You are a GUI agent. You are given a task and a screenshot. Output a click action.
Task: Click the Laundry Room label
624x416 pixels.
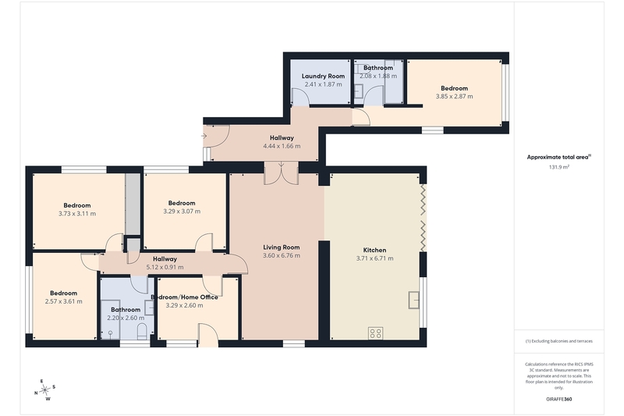(x=323, y=76)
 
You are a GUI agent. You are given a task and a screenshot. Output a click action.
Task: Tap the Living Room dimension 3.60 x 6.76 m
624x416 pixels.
(x=282, y=255)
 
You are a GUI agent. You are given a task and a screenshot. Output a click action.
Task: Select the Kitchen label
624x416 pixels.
(x=374, y=250)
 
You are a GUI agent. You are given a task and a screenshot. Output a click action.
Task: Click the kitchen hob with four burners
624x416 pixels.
(x=376, y=333)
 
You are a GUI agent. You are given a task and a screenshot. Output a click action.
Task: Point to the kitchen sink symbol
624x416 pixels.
(x=414, y=300)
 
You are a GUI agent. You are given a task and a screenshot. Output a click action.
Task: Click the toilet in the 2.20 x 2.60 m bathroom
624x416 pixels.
(x=142, y=331)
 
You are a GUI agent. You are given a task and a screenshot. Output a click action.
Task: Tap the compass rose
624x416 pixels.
(x=45, y=389)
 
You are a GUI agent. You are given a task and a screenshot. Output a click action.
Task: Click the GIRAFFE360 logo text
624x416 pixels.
(x=558, y=399)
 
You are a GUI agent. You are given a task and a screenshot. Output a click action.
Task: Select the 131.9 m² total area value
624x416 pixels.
(x=558, y=167)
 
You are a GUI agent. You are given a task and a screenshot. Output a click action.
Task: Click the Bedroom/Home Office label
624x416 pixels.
(x=184, y=297)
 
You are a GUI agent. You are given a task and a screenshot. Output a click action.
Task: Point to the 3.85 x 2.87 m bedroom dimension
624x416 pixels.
(x=454, y=96)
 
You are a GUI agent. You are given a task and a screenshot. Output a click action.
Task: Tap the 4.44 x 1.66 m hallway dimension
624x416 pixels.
(x=282, y=146)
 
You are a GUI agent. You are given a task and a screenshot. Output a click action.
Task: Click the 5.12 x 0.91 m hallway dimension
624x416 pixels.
(x=165, y=267)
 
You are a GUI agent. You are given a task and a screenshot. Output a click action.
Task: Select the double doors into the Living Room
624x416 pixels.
(x=282, y=173)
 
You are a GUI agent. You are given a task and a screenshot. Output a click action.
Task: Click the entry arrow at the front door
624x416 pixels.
(x=204, y=136)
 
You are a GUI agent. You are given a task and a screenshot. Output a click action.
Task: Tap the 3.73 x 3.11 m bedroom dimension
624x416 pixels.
(x=76, y=213)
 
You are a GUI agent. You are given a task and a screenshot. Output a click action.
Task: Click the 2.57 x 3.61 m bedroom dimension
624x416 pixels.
(x=64, y=301)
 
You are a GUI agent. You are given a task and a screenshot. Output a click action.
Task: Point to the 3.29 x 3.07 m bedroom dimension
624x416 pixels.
(x=182, y=212)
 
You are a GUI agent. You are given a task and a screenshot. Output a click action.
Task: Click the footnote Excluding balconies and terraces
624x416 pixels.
(x=558, y=341)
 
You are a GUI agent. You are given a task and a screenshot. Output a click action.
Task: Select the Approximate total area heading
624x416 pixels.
(x=558, y=157)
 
